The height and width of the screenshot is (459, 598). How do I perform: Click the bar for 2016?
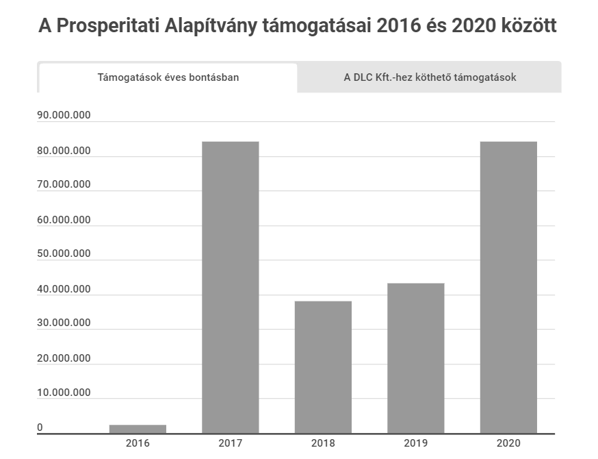(138, 429)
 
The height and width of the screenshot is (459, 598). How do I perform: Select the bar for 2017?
(231, 288)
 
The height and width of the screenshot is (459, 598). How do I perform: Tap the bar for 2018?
(323, 367)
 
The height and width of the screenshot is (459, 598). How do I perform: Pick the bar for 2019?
(416, 358)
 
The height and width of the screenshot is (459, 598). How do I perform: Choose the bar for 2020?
(508, 288)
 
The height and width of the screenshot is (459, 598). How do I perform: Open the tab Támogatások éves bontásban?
(168, 77)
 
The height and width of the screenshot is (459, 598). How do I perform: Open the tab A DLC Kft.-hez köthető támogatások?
(430, 77)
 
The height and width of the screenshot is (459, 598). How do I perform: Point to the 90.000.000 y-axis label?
(64, 115)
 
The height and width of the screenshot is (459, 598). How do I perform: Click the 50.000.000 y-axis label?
(64, 253)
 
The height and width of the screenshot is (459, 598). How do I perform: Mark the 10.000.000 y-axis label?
(64, 393)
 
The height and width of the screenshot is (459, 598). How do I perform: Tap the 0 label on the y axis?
(40, 427)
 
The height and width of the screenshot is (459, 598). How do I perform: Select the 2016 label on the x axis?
(138, 443)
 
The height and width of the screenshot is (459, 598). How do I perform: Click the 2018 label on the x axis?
(323, 443)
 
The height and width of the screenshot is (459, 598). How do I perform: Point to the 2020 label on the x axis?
(508, 443)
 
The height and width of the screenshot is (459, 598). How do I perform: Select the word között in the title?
(523, 27)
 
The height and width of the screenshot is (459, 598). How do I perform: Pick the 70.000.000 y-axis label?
(64, 184)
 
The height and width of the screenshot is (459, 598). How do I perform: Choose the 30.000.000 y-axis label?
(64, 323)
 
